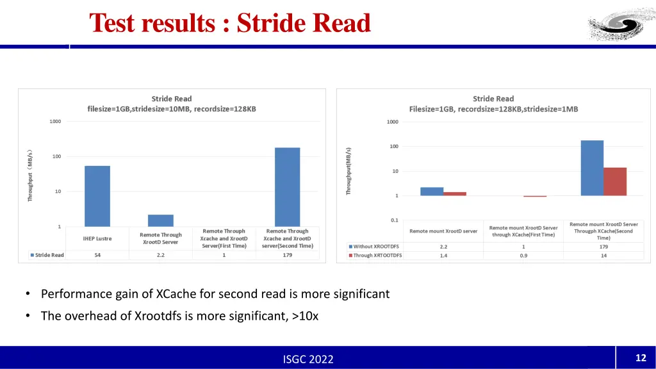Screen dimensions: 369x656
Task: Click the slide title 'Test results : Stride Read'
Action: [230, 23]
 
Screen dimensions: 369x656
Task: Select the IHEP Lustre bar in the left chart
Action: [97, 196]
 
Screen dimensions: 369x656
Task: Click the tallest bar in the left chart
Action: [288, 187]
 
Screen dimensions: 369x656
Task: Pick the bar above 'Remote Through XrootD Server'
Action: [161, 220]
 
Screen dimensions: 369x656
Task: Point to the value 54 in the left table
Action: [97, 255]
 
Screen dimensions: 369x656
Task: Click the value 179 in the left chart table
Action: [288, 255]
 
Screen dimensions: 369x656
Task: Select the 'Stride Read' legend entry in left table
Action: [48, 255]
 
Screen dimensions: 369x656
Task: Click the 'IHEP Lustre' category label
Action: [97, 238]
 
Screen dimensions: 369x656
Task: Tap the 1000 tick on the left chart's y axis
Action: [56, 121]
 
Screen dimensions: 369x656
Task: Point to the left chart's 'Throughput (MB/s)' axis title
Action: [29, 175]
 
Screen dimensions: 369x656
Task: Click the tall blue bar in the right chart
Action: [592, 168]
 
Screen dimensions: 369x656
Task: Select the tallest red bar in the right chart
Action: [615, 181]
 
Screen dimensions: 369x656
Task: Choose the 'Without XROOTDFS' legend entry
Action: [375, 247]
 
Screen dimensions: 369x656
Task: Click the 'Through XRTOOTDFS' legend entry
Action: [376, 256]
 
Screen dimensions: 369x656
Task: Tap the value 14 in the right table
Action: [603, 256]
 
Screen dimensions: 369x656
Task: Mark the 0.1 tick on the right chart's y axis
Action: [393, 220]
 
